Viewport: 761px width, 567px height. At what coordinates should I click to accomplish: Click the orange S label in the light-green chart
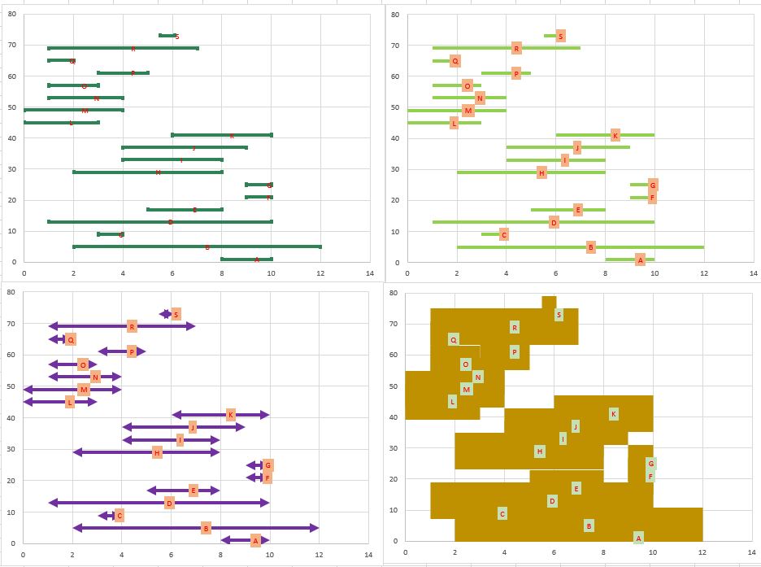coord(560,36)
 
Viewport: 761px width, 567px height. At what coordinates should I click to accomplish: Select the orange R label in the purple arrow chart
coord(132,326)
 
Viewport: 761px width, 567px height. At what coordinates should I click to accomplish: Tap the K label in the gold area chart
coord(613,414)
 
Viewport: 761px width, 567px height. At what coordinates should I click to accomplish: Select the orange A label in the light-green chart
coord(640,260)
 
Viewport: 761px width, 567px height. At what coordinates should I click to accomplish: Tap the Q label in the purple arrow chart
coord(71,339)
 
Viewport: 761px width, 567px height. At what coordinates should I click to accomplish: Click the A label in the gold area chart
coord(638,538)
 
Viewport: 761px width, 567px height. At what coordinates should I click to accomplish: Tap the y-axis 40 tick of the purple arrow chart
coord(11,417)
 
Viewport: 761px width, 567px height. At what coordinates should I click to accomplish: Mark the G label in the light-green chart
coord(653,185)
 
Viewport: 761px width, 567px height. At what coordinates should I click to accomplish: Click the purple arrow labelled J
coord(154,427)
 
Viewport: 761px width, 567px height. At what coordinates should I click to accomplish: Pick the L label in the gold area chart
coord(452,401)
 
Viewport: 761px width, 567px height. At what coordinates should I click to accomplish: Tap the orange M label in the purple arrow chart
coord(84,390)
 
